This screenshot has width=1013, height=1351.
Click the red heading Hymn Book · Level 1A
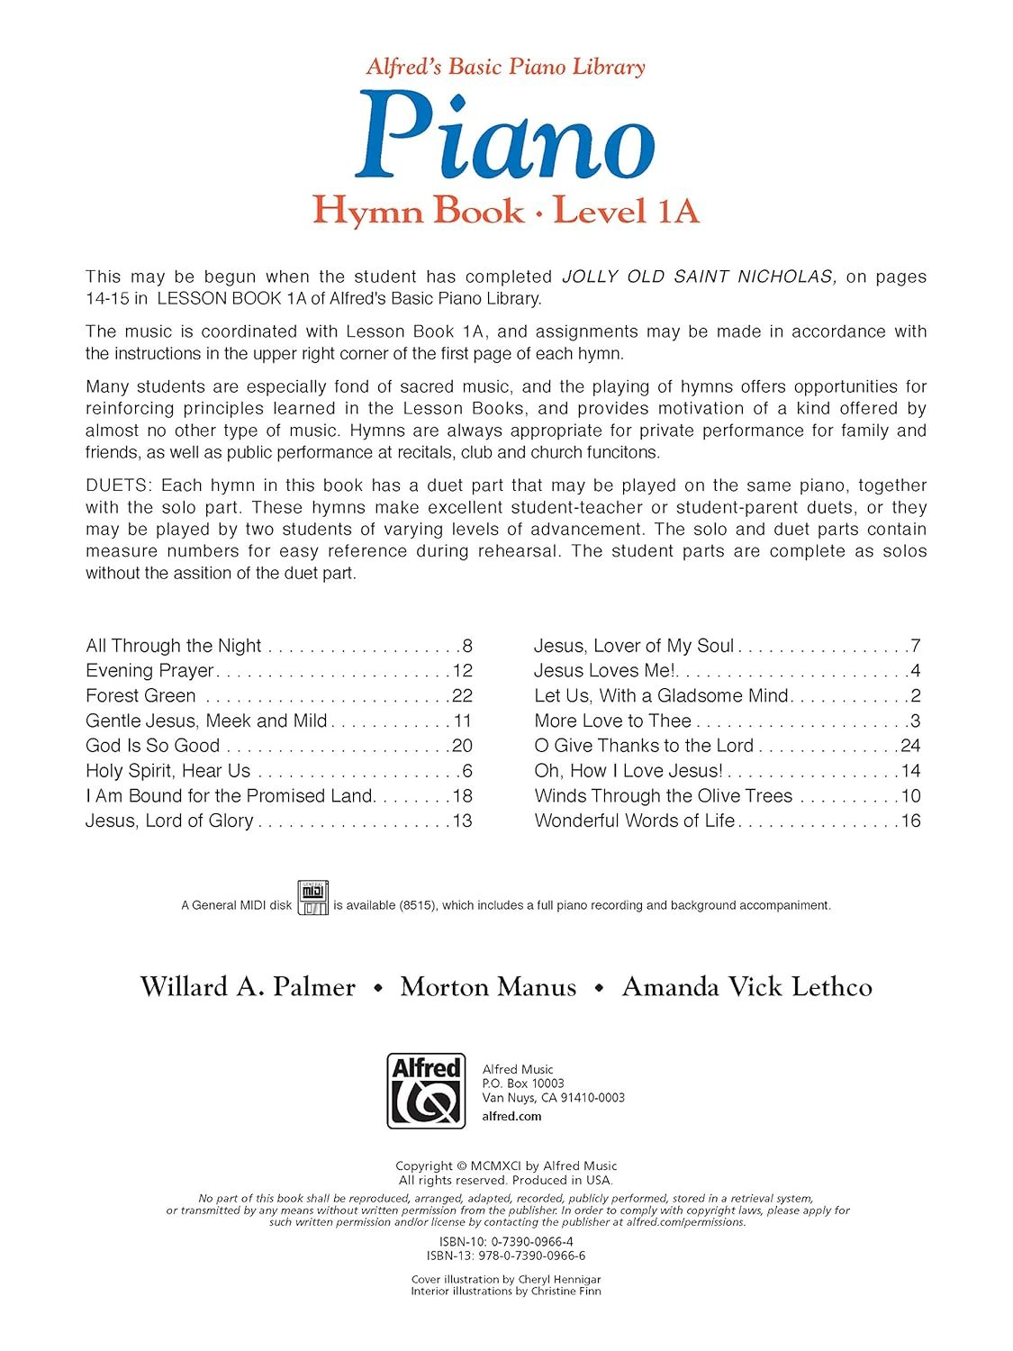pos(505,211)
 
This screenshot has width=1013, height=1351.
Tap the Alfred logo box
pos(426,1091)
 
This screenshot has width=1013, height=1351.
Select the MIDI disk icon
pos(313,898)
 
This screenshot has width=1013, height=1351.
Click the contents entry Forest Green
pos(140,695)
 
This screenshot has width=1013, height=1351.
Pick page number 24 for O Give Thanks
pos(910,746)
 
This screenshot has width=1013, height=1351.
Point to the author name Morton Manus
pos(488,986)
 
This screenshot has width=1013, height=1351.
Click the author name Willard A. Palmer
pos(248,986)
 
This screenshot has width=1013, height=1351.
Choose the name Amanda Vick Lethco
pos(746,986)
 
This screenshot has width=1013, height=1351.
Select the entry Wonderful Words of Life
pos(635,821)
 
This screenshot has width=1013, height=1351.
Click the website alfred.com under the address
pos(512,1116)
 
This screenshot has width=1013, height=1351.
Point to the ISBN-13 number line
pos(505,1256)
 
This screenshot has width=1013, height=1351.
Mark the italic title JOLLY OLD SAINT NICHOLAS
pos(700,277)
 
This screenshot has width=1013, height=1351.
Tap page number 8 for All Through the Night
pos(467,646)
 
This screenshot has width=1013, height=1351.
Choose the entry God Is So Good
pos(153,746)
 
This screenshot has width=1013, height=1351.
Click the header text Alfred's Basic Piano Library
pos(505,67)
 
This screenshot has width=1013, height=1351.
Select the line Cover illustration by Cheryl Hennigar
pos(505,1279)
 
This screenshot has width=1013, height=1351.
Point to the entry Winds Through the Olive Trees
pos(664,796)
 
